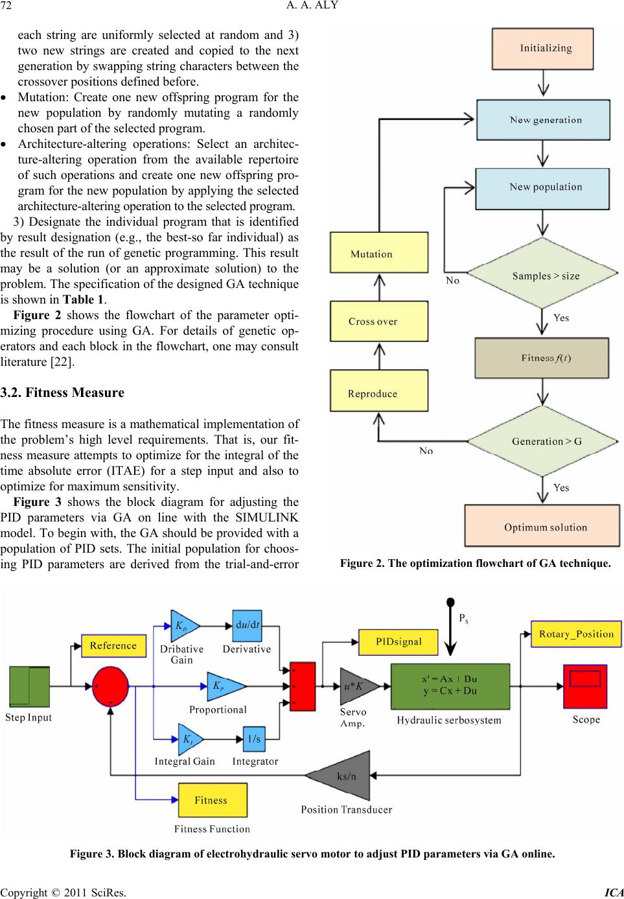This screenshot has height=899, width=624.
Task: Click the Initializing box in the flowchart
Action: pos(542,49)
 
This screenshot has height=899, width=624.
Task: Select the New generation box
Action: pos(543,120)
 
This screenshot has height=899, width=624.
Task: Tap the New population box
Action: pos(542,189)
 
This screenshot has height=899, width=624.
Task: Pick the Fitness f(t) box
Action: pos(542,358)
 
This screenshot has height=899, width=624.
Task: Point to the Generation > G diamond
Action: pos(542,441)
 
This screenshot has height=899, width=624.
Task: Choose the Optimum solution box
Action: pos(542,526)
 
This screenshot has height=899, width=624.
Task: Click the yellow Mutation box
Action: pos(379,252)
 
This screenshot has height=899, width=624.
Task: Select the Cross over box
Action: pos(379,321)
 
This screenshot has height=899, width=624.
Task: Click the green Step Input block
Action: pos(29,686)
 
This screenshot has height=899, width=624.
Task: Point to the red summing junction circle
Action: pos(110,686)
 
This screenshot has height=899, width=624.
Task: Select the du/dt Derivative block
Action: pos(247,626)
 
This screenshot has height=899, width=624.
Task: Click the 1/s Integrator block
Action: pos(254,739)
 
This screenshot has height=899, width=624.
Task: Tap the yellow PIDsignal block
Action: pos(398,641)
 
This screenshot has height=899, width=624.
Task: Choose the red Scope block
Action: pos(585,686)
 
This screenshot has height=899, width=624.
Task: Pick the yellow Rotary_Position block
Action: pos(576,634)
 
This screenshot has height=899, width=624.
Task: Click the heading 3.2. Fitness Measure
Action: pos(62,392)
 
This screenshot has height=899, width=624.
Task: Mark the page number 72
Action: pos(6,6)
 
